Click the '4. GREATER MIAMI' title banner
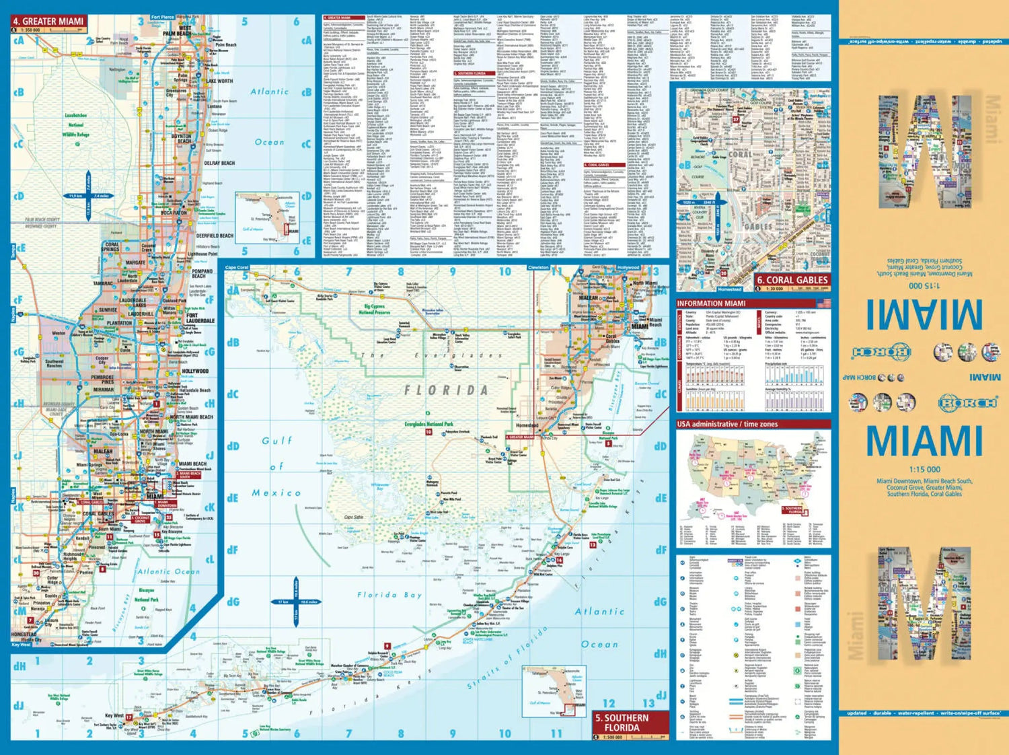[x=48, y=22]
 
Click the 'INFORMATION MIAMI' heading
[x=711, y=303]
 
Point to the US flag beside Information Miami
[x=823, y=303]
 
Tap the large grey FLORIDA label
[x=446, y=390]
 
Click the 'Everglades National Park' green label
[x=429, y=425]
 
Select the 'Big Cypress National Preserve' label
[x=375, y=310]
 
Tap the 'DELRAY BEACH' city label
[x=219, y=164]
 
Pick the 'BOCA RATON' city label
[x=174, y=213]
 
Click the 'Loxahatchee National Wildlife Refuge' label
[x=76, y=124]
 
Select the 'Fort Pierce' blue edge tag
[x=162, y=17]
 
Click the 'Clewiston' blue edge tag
[x=538, y=267]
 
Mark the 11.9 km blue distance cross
[x=88, y=196]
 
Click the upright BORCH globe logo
[x=968, y=403]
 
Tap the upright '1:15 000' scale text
[x=925, y=469]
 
